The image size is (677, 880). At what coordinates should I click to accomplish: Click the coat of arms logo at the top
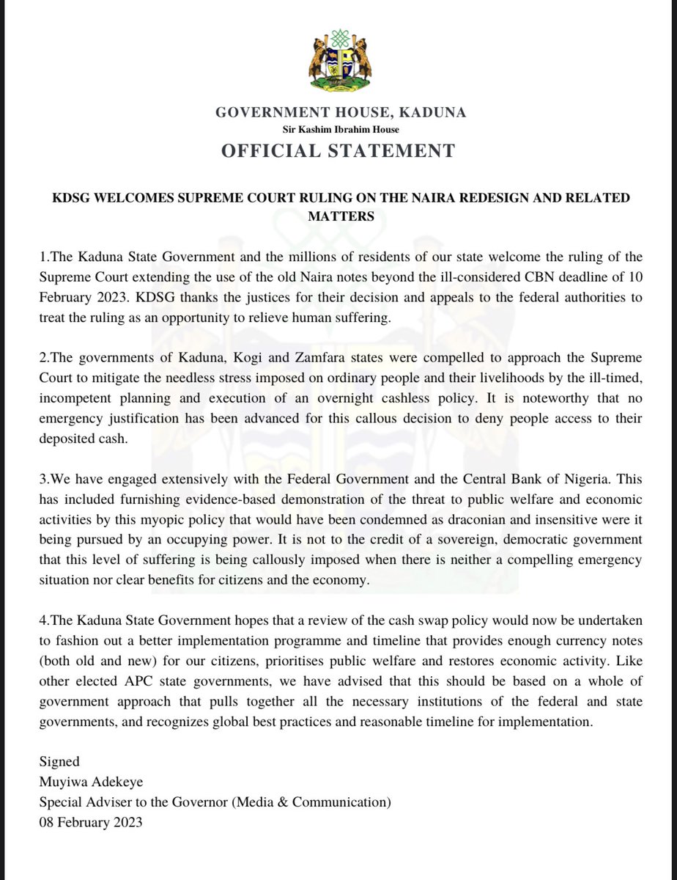[x=338, y=59]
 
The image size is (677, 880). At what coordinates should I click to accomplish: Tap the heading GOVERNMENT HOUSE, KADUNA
[x=340, y=113]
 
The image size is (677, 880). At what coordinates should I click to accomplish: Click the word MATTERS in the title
[x=338, y=216]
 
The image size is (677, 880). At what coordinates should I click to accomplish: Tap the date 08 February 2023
[x=91, y=821]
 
